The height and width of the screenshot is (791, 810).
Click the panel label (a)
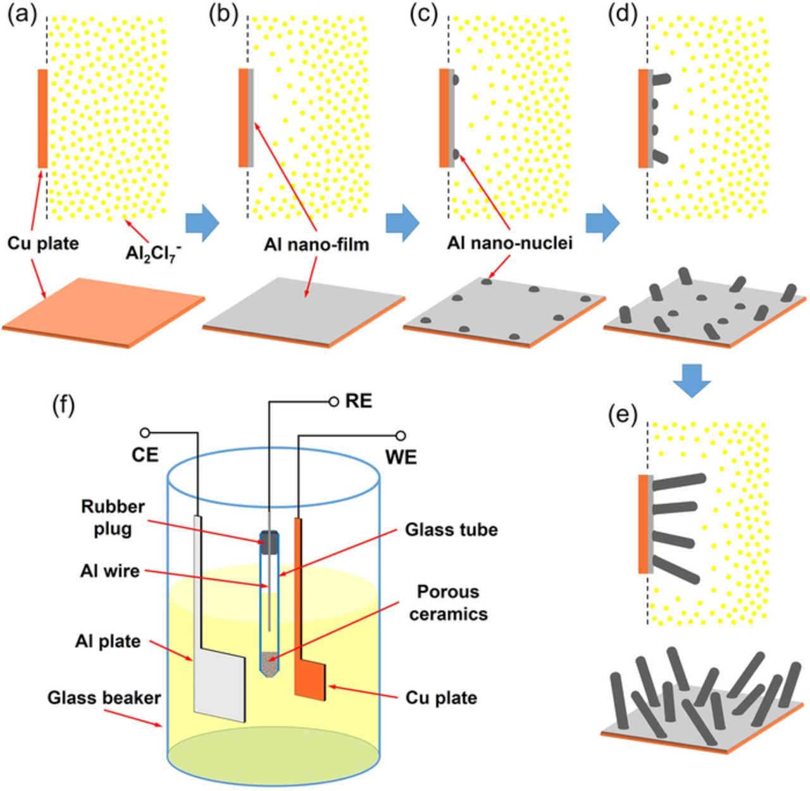[x=21, y=15]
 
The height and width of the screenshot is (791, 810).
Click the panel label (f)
[x=63, y=405]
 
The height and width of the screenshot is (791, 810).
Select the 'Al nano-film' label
[x=316, y=244]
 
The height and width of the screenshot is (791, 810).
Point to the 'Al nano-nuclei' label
[x=509, y=243]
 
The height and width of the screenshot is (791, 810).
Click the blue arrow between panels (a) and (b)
[x=202, y=223]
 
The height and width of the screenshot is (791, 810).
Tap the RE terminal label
[x=358, y=402]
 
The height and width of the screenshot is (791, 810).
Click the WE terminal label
[x=401, y=457]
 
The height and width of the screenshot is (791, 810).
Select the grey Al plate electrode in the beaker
[x=218, y=687]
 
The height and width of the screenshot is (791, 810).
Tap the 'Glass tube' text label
[x=451, y=529]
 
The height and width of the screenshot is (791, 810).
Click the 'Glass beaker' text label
[x=104, y=697]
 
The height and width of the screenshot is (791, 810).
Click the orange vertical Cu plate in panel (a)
[x=42, y=118]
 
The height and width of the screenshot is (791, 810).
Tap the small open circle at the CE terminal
[x=145, y=433]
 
